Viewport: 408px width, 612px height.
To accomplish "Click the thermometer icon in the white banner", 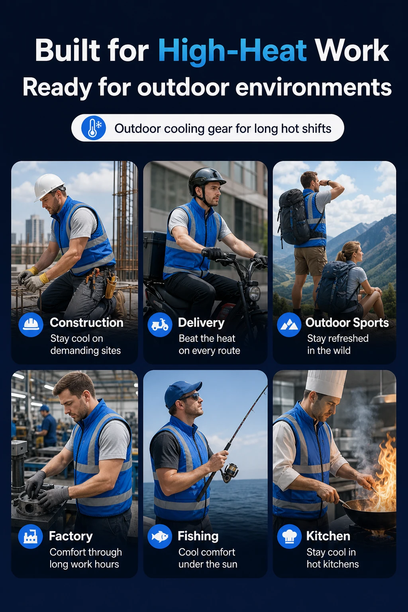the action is point(94,128).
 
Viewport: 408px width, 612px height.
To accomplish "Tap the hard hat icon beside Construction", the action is point(31,325).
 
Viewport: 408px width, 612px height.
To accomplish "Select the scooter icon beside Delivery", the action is point(160,325).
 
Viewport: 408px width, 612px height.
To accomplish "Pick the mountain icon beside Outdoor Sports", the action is point(289,325).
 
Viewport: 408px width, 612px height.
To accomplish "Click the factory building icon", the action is point(30,536).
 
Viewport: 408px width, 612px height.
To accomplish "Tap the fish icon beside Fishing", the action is point(160,536).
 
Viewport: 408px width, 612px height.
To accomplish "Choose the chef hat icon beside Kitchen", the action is point(289,536).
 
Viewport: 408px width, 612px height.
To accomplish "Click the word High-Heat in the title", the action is point(233,51).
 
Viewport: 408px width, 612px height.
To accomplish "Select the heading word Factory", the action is point(71,536).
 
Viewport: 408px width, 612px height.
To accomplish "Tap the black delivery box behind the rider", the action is point(155,255).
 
